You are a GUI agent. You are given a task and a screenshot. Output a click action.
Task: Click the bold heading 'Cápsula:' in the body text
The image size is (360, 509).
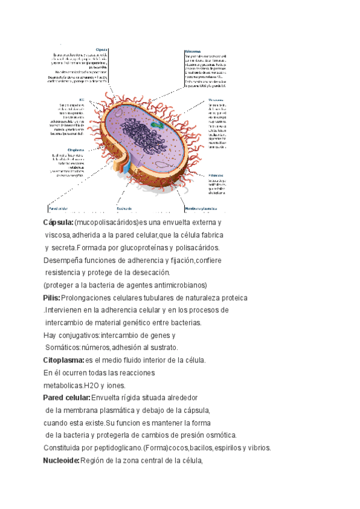point(58,223)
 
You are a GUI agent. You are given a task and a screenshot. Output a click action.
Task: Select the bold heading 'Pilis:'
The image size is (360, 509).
point(52,298)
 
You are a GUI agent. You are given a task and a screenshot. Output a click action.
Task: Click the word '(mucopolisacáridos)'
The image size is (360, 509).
point(106,223)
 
